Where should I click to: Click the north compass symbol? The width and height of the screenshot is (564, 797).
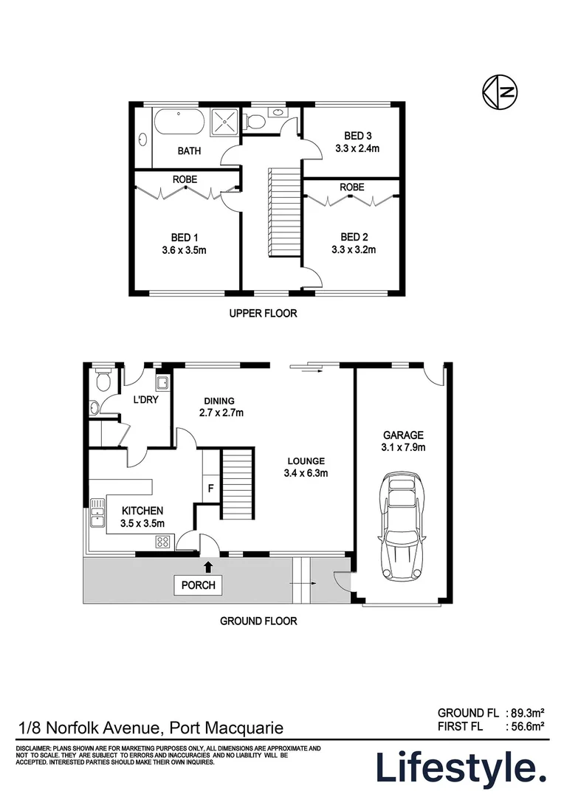tap(498, 91)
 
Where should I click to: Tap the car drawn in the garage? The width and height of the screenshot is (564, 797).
tap(399, 527)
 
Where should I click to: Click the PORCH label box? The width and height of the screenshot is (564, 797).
tap(198, 585)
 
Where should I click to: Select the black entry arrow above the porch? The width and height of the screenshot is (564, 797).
tap(208, 566)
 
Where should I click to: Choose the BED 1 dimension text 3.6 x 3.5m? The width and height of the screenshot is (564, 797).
tap(184, 249)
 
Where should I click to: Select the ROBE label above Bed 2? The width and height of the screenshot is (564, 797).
tap(352, 187)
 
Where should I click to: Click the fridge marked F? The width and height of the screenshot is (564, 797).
tap(210, 487)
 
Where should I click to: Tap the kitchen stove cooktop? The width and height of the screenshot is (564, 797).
tap(163, 542)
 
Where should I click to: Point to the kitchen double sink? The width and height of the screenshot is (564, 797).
tap(97, 514)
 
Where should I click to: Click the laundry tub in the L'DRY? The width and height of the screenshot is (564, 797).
tap(162, 382)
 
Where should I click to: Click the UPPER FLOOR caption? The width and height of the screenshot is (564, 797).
tap(263, 314)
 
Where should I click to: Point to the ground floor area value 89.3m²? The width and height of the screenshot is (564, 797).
tap(525, 713)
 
